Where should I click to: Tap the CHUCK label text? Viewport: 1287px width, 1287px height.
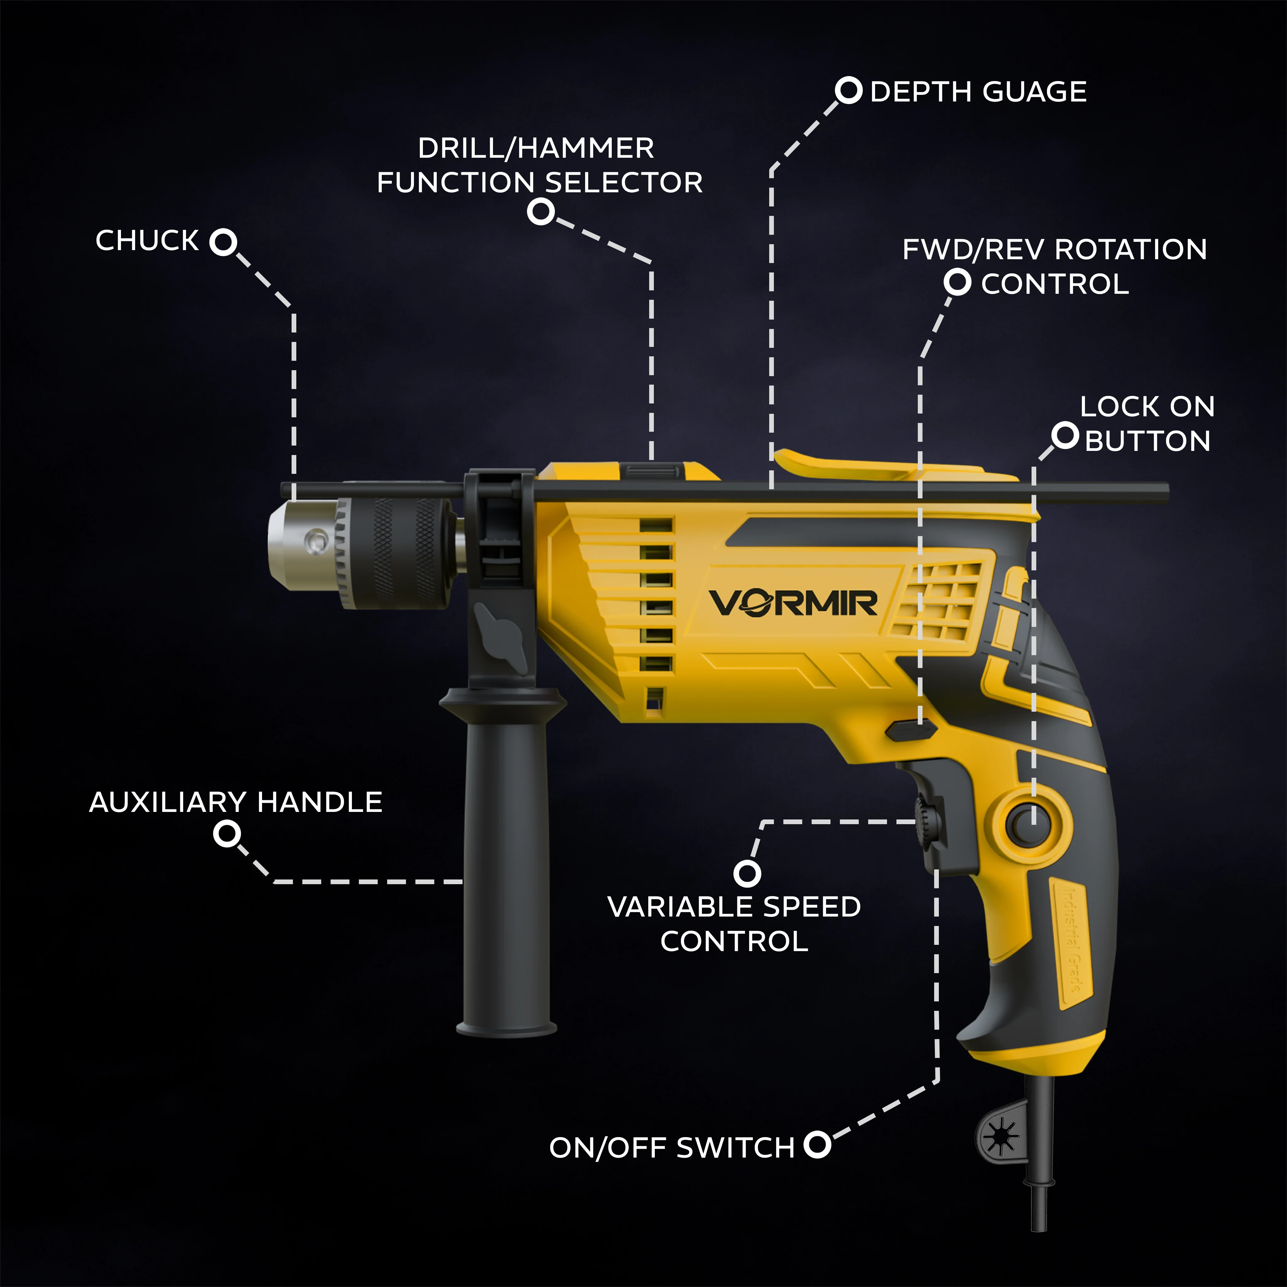click(147, 240)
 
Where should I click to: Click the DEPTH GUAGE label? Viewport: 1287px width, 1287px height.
click(978, 92)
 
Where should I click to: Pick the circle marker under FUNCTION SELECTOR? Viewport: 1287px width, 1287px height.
click(541, 212)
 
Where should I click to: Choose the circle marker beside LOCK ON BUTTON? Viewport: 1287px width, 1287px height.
click(1065, 436)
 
